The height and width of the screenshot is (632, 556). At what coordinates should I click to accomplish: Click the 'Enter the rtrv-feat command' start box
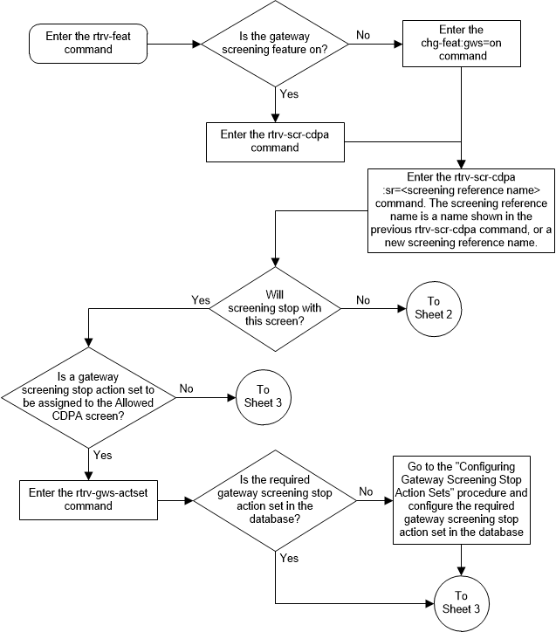(77, 43)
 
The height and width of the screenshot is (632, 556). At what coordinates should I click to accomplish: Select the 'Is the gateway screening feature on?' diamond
(275, 43)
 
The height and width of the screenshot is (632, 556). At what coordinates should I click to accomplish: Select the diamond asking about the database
(275, 501)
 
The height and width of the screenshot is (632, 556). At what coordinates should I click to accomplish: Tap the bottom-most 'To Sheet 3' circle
(459, 602)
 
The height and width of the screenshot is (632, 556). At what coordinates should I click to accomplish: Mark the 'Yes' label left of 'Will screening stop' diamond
(201, 299)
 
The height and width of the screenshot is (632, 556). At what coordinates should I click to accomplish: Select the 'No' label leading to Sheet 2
(362, 299)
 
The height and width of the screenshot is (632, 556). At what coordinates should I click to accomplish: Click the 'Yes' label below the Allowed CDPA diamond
(102, 455)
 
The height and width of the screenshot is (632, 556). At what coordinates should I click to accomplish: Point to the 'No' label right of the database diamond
(366, 492)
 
